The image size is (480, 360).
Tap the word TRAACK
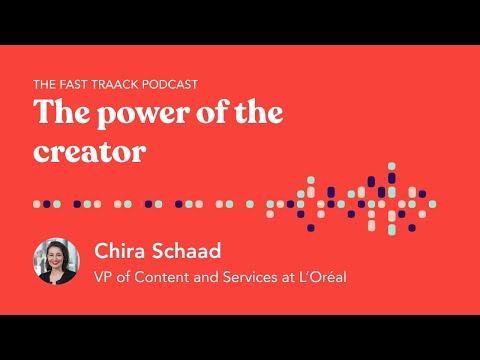[115, 84]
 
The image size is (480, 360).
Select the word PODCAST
[170, 84]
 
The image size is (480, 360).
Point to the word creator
[90, 152]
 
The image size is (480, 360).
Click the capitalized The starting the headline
[62, 111]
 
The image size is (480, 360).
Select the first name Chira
[121, 250]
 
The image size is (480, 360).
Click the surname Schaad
[186, 250]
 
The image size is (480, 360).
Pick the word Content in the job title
[162, 277]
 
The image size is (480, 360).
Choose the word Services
[250, 277]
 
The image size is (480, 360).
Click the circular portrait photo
[56, 261]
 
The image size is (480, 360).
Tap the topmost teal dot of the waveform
[392, 166]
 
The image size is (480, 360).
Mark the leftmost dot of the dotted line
[37, 204]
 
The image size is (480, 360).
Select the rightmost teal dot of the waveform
[432, 204]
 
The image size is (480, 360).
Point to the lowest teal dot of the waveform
[392, 229]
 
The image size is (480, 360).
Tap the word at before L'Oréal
[288, 277]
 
